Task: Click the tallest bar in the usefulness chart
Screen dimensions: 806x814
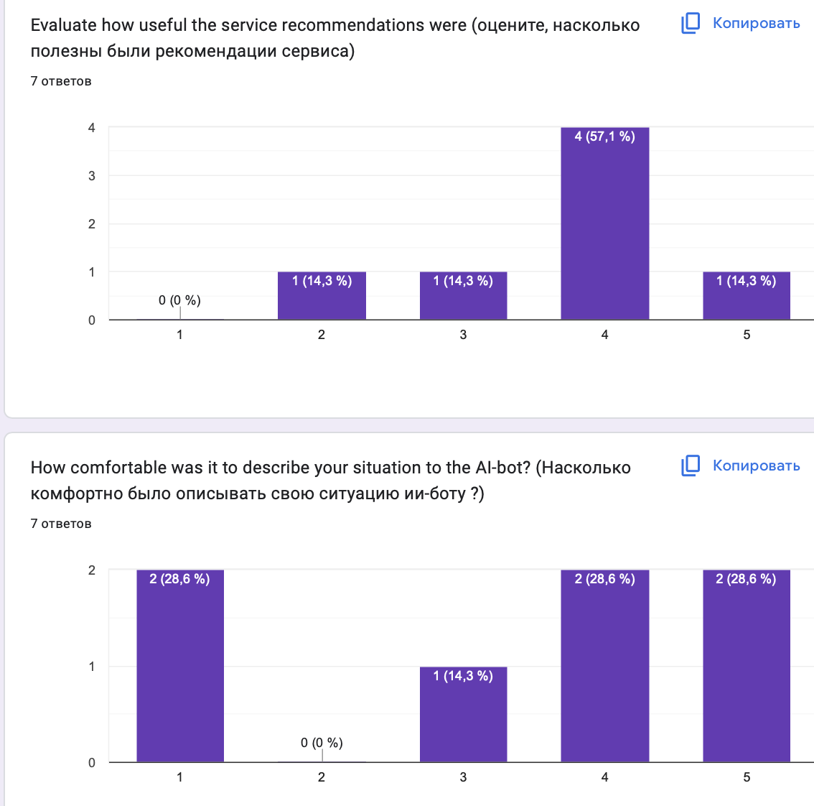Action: pos(604,230)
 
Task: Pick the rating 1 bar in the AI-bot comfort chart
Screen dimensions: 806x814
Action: pos(180,668)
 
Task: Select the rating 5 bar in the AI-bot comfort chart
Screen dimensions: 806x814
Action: pos(747,668)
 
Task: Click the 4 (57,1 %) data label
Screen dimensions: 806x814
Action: pos(604,136)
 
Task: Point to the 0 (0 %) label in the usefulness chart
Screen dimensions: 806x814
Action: pos(179,300)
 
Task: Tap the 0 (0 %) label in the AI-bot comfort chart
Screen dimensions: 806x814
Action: pos(322,743)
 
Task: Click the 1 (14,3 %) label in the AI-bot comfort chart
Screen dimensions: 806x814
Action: pos(463,676)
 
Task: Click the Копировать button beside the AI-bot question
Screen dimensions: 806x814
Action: pos(741,465)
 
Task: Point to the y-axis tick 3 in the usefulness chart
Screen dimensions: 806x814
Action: pos(92,176)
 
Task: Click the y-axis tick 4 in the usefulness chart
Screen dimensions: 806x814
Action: pos(92,128)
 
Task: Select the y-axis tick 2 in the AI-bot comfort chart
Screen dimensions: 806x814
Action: pos(92,570)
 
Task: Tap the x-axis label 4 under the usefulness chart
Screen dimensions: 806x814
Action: pos(604,335)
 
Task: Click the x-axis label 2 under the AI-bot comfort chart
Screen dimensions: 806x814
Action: pos(322,777)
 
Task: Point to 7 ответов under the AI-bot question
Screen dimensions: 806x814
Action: pos(61,524)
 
